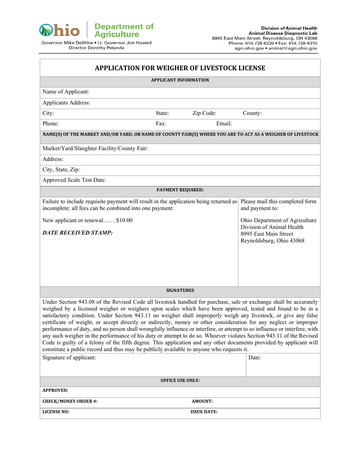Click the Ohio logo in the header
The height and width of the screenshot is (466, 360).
pyautogui.click(x=60, y=30)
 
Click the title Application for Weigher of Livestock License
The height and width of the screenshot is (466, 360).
pyautogui.click(x=180, y=68)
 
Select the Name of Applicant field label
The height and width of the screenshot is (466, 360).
pyautogui.click(x=66, y=92)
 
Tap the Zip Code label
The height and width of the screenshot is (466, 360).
pyautogui.click(x=204, y=113)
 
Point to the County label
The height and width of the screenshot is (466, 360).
pyautogui.click(x=252, y=113)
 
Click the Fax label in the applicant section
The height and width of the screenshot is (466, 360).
pyautogui.click(x=161, y=123)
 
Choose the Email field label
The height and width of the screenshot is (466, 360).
pyautogui.click(x=224, y=123)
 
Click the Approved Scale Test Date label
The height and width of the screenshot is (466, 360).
pyautogui.click(x=74, y=180)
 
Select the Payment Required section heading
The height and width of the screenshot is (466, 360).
pyautogui.click(x=180, y=189)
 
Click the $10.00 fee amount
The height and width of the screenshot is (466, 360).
pyautogui.click(x=125, y=220)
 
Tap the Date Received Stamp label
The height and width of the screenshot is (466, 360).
pyautogui.click(x=78, y=232)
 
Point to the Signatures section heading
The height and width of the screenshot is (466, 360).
pyautogui.click(x=180, y=291)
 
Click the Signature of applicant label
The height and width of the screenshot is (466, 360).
pyautogui.click(x=69, y=357)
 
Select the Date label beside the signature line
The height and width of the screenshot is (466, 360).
pyautogui.click(x=255, y=357)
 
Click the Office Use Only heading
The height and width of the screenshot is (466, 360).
pyautogui.click(x=180, y=380)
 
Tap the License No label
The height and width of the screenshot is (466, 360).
pyautogui.click(x=56, y=412)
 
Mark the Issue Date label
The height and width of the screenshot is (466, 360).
pyautogui.click(x=204, y=412)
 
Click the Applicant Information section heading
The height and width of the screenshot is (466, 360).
pyautogui.click(x=180, y=80)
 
